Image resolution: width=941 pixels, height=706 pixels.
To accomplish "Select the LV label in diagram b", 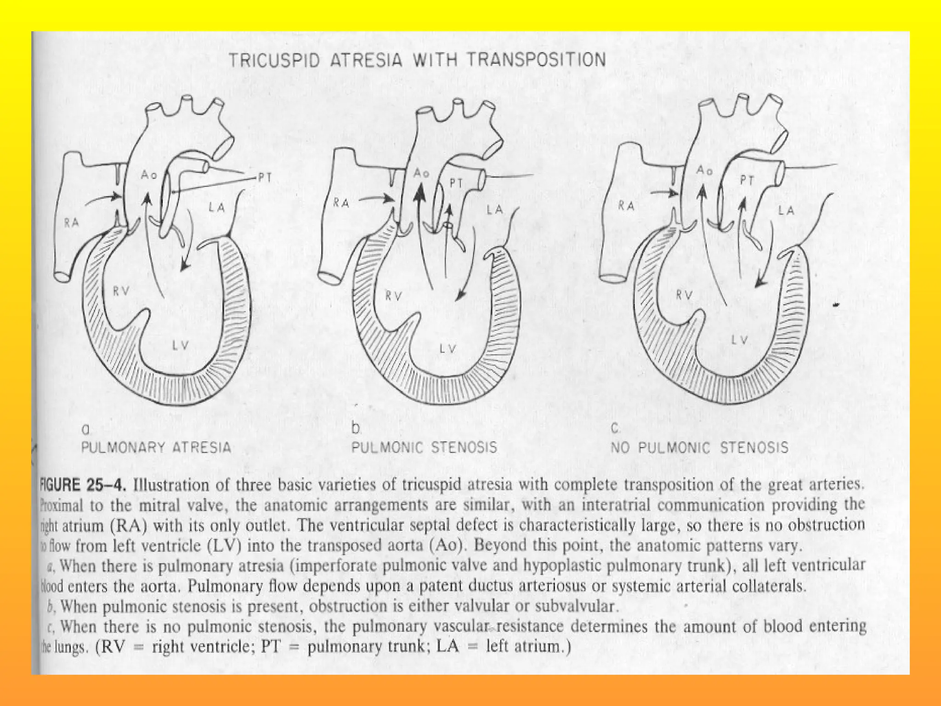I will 447,349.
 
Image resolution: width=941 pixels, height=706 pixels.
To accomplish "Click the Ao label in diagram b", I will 421,173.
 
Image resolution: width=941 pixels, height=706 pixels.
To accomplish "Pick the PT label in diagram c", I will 747,181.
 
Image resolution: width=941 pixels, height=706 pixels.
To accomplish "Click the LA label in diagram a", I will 217,208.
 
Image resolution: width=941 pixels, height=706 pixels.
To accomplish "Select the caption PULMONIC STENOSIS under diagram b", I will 424,447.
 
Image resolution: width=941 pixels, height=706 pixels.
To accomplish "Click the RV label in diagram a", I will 121,291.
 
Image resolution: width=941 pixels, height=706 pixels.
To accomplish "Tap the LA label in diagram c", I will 786,211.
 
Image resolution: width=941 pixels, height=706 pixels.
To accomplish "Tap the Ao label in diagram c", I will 704,170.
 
